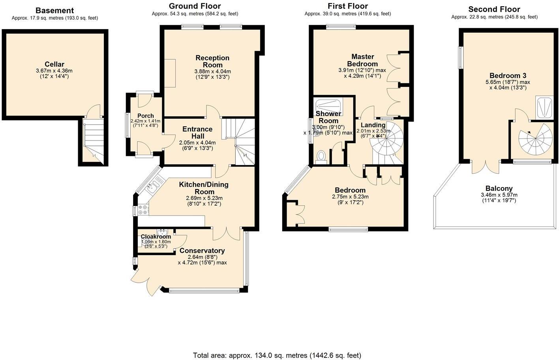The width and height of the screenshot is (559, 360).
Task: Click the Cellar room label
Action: click(54, 64)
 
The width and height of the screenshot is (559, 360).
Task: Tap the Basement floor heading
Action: click(54, 11)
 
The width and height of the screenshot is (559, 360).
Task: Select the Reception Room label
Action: click(212, 62)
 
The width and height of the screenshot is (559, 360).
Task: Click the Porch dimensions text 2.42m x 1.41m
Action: click(145, 121)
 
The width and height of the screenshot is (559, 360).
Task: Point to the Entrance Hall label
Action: click(197, 133)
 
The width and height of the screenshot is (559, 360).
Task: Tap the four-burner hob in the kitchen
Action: click(142, 210)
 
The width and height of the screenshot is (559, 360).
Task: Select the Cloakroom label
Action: click(156, 237)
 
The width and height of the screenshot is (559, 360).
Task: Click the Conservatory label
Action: click(202, 251)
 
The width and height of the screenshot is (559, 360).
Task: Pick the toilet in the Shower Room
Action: click(322, 156)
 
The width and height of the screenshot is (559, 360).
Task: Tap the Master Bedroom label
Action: click(362, 60)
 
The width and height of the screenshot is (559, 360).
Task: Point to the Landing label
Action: click(373, 125)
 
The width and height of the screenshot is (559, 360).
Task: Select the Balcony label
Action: click(499, 189)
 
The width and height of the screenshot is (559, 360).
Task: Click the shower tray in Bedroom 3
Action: click(544, 107)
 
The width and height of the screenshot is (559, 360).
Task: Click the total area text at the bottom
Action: click(277, 355)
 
